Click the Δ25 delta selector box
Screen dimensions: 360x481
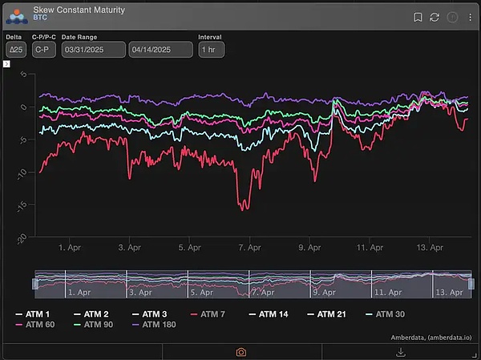15,50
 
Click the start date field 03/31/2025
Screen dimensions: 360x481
93,50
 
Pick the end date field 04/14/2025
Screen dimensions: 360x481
161,50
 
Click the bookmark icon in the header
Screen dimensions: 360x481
418,17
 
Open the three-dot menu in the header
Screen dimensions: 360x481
471,17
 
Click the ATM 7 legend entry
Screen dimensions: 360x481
208,313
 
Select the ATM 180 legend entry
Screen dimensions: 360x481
156,325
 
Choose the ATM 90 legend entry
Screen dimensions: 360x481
95,325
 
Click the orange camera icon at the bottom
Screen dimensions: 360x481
240,351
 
